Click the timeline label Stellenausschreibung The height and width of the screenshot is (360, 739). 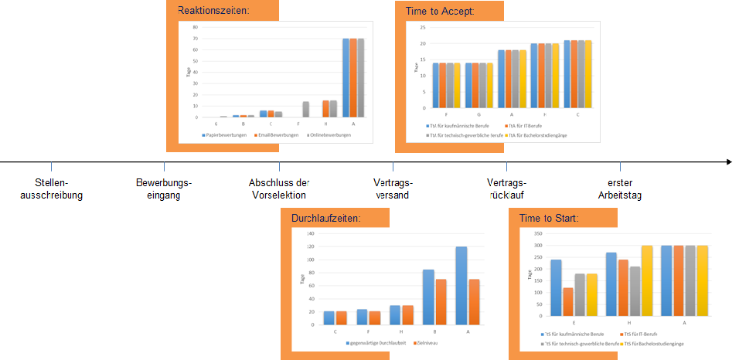tap(51, 188)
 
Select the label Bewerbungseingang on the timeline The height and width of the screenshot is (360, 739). tap(163, 188)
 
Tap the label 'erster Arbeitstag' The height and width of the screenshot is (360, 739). tap(619, 188)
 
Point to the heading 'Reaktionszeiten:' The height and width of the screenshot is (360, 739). tap(213, 11)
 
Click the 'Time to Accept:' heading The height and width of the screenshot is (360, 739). tap(440, 12)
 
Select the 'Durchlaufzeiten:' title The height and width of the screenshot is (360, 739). tap(325, 219)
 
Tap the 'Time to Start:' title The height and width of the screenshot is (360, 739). tap(549, 219)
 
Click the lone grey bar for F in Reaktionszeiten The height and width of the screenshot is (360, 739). tap(306, 109)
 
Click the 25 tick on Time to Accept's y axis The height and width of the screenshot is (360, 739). tap(421, 27)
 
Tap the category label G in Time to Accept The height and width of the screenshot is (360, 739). tap(479, 114)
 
